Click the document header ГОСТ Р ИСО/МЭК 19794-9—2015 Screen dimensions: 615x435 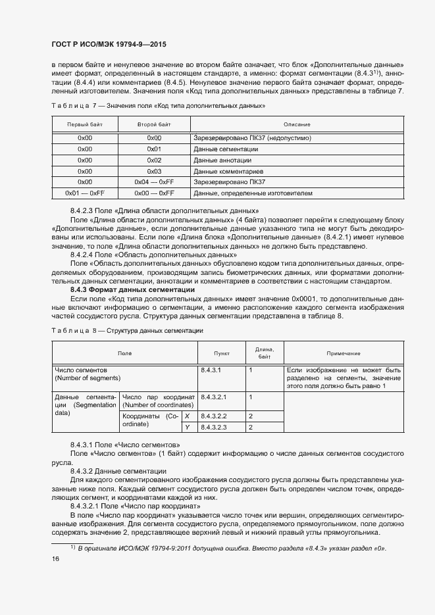click(109, 45)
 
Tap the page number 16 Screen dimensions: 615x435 click(55, 558)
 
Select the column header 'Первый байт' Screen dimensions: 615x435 click(85, 124)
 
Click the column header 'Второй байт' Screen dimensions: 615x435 click(154, 124)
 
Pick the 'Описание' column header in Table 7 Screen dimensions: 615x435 click(297, 124)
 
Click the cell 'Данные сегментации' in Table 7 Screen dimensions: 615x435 click(225, 149)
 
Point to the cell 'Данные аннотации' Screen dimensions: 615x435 click(222, 160)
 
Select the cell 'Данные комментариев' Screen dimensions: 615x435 click(227, 171)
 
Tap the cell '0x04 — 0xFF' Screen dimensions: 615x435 click(154, 182)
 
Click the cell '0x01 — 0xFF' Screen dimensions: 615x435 click(85, 193)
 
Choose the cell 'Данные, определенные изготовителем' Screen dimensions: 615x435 click(253, 193)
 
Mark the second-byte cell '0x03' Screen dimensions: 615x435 click(154, 171)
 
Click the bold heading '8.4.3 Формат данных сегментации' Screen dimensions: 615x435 click(132, 290)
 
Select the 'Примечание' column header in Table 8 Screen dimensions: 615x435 click(343, 353)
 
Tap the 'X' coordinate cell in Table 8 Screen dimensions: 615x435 click(188, 416)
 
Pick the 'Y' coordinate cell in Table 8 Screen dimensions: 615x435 click(188, 428)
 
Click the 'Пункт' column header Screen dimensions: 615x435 click(213, 353)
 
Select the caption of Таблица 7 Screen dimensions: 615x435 click(159, 105)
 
